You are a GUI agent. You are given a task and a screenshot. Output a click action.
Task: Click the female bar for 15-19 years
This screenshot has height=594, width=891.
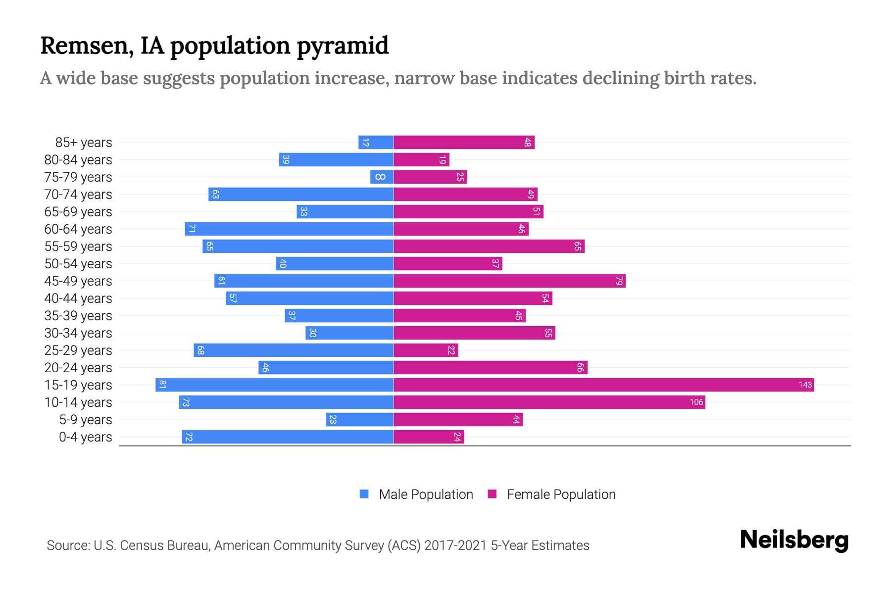click(604, 385)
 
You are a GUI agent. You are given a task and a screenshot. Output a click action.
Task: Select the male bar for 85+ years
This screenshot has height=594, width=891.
click(376, 142)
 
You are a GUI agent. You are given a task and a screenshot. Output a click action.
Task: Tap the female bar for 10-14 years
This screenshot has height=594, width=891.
click(549, 402)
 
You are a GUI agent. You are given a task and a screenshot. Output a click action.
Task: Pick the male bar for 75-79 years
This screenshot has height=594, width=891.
click(382, 177)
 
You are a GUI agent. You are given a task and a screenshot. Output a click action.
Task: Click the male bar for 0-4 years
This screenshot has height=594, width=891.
click(288, 437)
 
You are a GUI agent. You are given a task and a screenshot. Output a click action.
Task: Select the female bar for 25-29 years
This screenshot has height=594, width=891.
click(426, 350)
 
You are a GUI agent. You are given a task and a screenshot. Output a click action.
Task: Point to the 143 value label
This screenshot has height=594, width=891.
click(805, 385)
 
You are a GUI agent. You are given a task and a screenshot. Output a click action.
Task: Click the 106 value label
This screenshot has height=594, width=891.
click(696, 402)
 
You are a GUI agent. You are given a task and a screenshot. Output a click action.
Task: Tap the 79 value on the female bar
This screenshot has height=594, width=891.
click(619, 281)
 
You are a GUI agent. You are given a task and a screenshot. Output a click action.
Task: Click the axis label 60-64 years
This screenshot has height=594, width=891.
click(78, 229)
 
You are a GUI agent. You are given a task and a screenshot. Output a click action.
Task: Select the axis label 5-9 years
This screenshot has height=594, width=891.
click(86, 420)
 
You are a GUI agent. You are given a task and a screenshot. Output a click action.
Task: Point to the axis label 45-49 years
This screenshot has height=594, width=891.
click(78, 281)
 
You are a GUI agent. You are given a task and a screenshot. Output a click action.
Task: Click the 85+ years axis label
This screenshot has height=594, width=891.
click(84, 143)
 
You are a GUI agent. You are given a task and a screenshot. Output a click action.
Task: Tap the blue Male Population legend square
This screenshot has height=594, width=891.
click(364, 494)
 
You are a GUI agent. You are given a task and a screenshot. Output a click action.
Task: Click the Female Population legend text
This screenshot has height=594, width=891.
click(561, 495)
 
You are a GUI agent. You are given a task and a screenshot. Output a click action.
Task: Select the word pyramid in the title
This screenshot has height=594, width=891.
click(343, 46)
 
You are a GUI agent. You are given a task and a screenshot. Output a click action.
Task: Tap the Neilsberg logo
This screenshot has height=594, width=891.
click(794, 540)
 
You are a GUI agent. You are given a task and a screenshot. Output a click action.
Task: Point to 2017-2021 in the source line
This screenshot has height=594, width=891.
click(455, 545)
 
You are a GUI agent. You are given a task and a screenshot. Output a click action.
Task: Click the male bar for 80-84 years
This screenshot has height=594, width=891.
click(336, 159)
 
